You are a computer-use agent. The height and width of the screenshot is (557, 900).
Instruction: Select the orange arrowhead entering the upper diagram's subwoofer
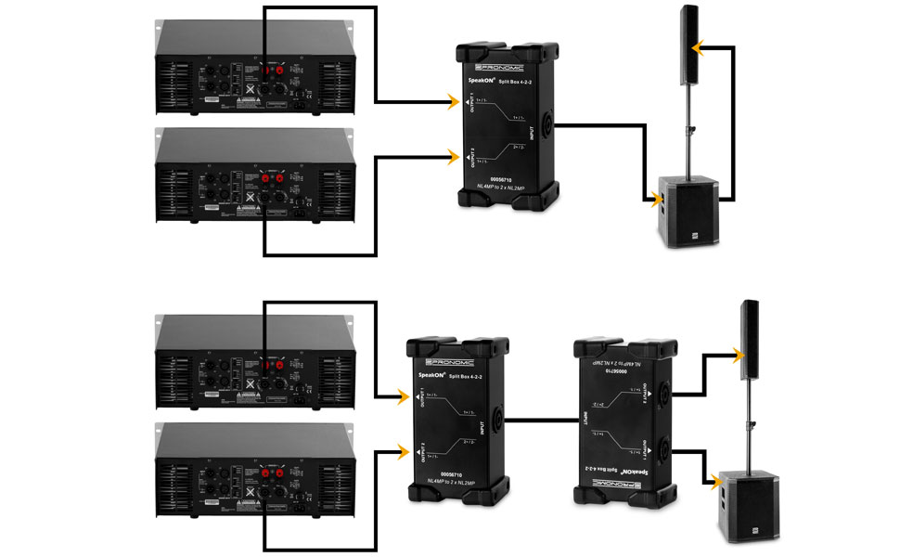pyautogui.click(x=656, y=198)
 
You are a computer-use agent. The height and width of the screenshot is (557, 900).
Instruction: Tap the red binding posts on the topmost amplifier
pyautogui.click(x=274, y=70)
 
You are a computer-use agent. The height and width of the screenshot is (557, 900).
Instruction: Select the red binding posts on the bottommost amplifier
pyautogui.click(x=274, y=471)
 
